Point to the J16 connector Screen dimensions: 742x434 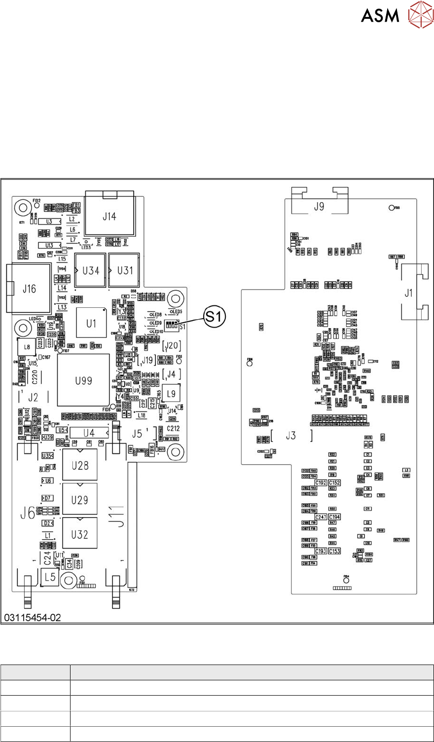(29, 289)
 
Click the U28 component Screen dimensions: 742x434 (80, 466)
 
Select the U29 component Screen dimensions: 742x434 (80, 500)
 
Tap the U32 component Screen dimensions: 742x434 (80, 534)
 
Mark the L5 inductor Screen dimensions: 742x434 (50, 577)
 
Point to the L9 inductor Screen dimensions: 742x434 (171, 394)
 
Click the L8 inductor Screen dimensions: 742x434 (26, 347)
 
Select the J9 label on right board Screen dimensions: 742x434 (319, 207)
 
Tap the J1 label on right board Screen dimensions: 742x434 (408, 293)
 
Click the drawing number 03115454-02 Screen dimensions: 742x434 (33, 617)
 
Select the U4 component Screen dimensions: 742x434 (89, 433)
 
